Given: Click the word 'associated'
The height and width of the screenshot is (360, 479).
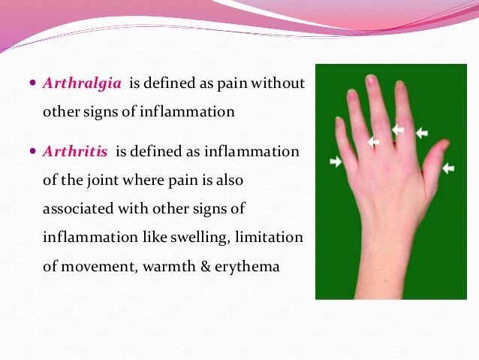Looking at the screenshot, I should (78, 208).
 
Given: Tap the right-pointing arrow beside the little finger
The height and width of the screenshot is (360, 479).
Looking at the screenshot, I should (335, 161).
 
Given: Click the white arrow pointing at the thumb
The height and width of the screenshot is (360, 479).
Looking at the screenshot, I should (448, 168).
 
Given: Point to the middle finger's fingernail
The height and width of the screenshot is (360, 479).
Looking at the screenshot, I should (371, 80).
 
